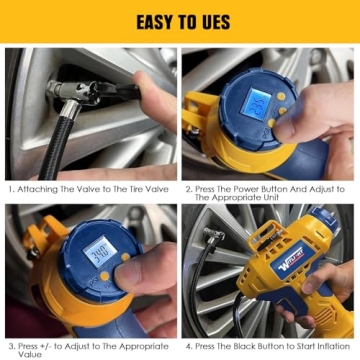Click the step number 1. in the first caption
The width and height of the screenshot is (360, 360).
(10, 189)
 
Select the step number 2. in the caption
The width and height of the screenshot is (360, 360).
(187, 189)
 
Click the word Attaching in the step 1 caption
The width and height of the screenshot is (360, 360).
(36, 189)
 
